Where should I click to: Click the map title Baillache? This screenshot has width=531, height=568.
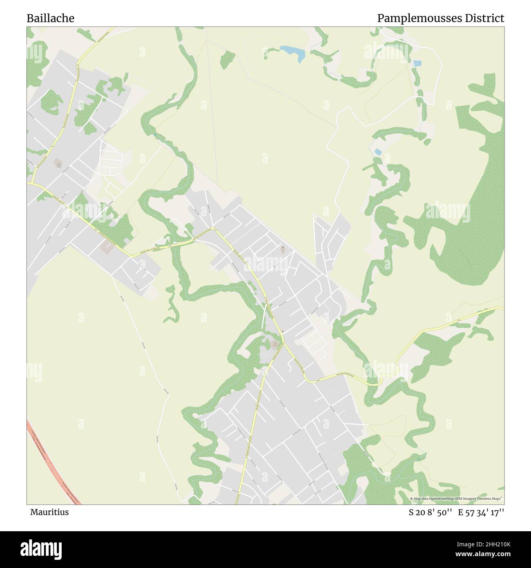click(x=50, y=18)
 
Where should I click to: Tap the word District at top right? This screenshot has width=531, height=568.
click(x=484, y=18)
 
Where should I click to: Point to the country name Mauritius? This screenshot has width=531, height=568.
click(x=49, y=512)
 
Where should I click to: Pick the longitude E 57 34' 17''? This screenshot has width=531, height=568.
click(x=481, y=512)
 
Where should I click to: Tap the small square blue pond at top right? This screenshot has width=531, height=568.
click(x=417, y=63)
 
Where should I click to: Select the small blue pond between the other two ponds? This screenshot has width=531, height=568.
click(x=378, y=152)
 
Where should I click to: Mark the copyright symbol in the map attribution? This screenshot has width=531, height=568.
click(x=412, y=499)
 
